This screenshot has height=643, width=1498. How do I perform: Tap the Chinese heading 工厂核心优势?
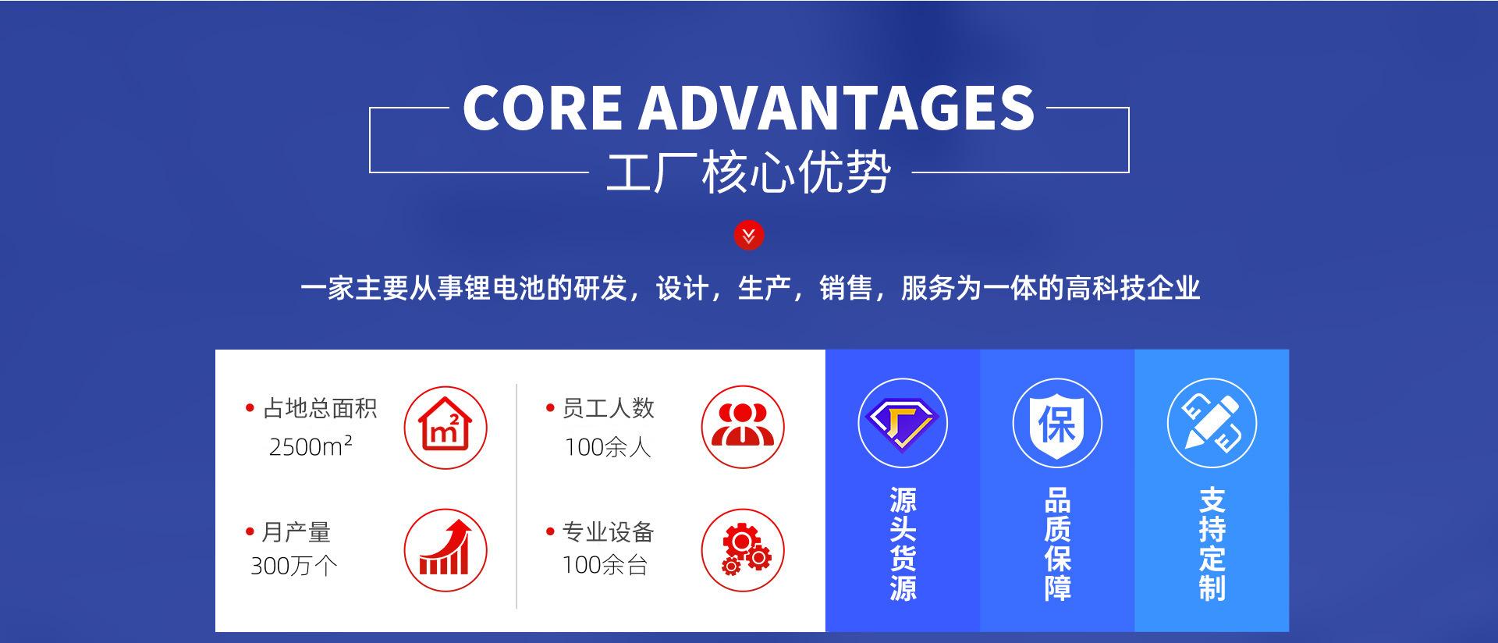pyautogui.click(x=748, y=172)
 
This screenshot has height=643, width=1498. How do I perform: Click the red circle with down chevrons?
pyautogui.click(x=749, y=236)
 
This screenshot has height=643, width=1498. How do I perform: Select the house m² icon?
pyautogui.click(x=445, y=428)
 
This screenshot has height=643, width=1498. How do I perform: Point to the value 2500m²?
pyautogui.click(x=311, y=446)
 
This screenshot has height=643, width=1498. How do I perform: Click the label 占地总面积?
pyautogui.click(x=320, y=408)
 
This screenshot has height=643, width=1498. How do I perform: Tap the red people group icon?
pyautogui.click(x=743, y=427)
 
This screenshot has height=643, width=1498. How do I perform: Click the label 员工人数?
pyautogui.click(x=609, y=408)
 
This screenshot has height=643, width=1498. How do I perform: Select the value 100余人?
pyautogui.click(x=608, y=447)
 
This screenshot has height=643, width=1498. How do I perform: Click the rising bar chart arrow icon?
pyautogui.click(x=445, y=550)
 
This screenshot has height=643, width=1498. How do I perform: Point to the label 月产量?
pyautogui.click(x=296, y=532)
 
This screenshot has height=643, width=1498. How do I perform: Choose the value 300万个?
pyautogui.click(x=294, y=565)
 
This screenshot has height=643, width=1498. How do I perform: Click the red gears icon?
pyautogui.click(x=743, y=550)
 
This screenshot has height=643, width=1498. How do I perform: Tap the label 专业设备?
pyautogui.click(x=609, y=532)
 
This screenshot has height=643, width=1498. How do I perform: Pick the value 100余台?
pyautogui.click(x=605, y=565)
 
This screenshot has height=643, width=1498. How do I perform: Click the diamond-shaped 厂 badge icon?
pyautogui.click(x=903, y=423)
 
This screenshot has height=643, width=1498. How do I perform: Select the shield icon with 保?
pyautogui.click(x=1057, y=423)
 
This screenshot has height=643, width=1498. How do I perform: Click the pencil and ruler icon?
pyautogui.click(x=1212, y=423)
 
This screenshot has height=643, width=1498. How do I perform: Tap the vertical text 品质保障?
pyautogui.click(x=1057, y=545)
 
